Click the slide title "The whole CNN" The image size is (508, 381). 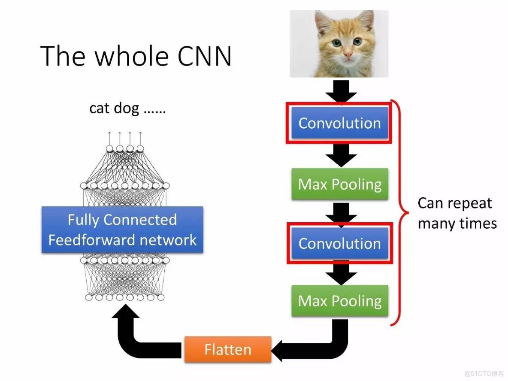136,56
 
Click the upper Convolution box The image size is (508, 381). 340,123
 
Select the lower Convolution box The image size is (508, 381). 340,243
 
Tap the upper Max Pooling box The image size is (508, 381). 340,184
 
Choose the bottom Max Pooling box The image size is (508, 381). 340,301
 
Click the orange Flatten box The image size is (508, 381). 228,349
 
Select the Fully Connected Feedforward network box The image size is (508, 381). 122,230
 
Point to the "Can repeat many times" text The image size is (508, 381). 457,213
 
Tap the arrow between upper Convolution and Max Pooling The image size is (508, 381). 341,155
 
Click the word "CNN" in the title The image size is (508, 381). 201,56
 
